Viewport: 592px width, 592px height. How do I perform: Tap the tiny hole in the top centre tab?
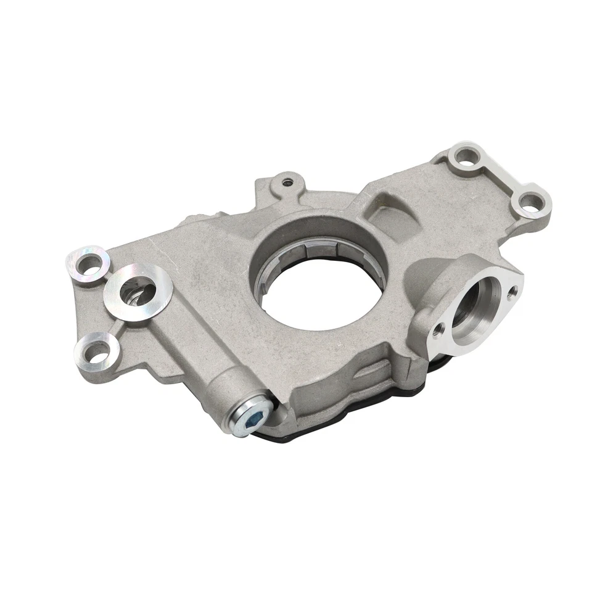[x=286, y=182]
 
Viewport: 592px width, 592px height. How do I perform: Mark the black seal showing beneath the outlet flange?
[x=441, y=364]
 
